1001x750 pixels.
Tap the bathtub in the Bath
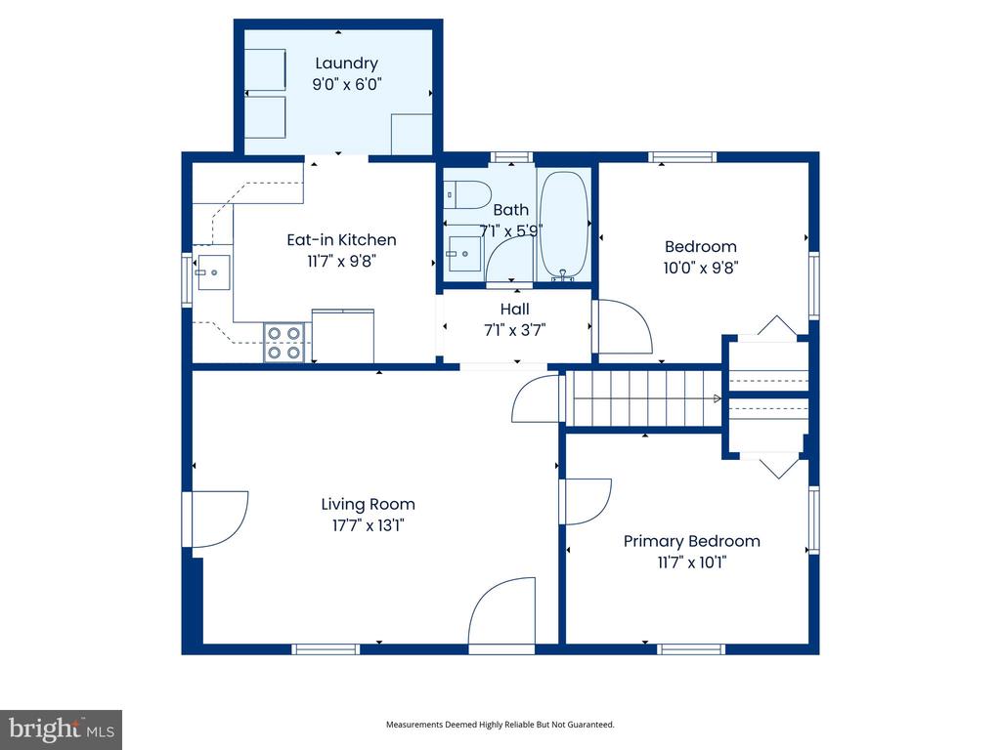click(563, 225)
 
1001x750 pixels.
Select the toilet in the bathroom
click(465, 195)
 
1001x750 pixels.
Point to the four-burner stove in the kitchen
click(285, 343)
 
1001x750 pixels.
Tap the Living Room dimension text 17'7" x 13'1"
click(368, 525)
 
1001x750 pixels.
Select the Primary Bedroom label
click(691, 541)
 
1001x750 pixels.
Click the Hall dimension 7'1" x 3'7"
click(514, 329)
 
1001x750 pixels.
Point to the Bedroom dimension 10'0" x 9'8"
click(700, 268)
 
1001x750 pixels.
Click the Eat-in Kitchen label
click(341, 239)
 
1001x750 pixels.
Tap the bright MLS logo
click(61, 729)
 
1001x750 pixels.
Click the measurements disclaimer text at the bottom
click(500, 725)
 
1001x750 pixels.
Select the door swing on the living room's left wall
click(217, 518)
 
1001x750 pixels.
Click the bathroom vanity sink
click(464, 254)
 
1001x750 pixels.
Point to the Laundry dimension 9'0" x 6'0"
click(346, 85)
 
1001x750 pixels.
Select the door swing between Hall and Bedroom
click(623, 328)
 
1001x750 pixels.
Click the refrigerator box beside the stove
click(342, 335)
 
